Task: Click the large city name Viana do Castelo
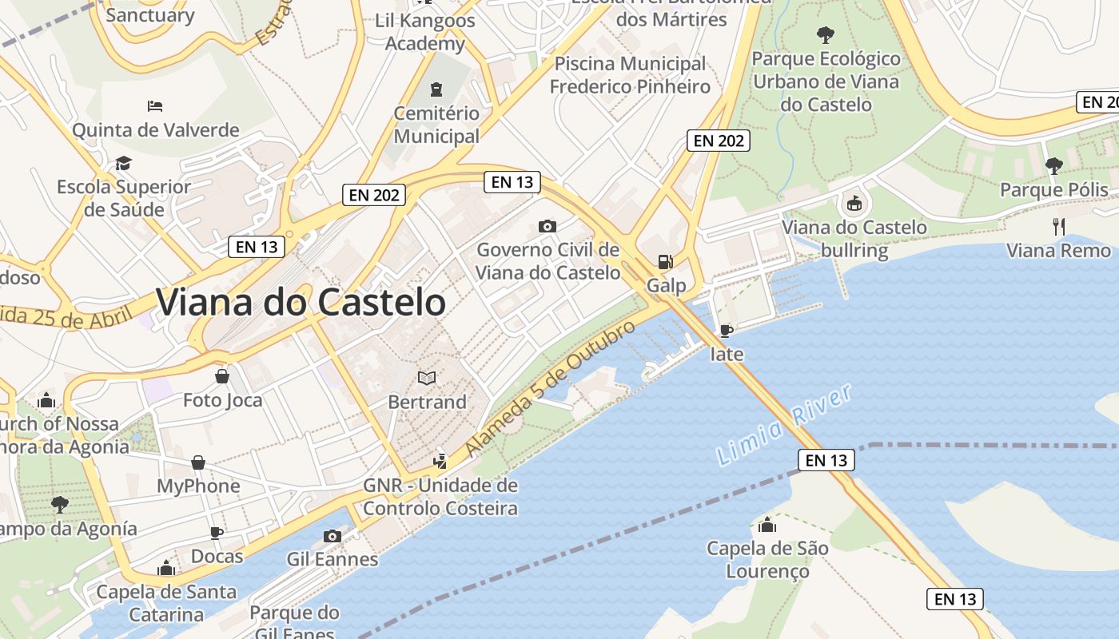pos(301,303)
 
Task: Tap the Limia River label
pos(784,424)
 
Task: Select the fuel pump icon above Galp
pos(664,261)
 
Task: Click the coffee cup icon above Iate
pos(726,330)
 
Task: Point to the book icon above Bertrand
pos(428,378)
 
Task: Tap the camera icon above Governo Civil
pos(548,226)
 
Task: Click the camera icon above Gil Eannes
pos(333,536)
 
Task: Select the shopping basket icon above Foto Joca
pos(222,375)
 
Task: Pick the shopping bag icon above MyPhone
pos(198,462)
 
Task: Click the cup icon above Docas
pos(216,533)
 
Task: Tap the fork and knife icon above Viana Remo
pos(1059,227)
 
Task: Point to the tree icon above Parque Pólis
pos(1054,165)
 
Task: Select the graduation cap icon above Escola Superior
pos(123,164)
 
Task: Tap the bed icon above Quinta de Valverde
pos(155,106)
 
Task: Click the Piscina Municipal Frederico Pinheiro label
pos(630,75)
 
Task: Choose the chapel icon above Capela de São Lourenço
pos(767,525)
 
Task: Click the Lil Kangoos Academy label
pos(425,32)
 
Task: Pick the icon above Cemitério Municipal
pos(436,89)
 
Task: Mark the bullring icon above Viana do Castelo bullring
pos(854,204)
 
